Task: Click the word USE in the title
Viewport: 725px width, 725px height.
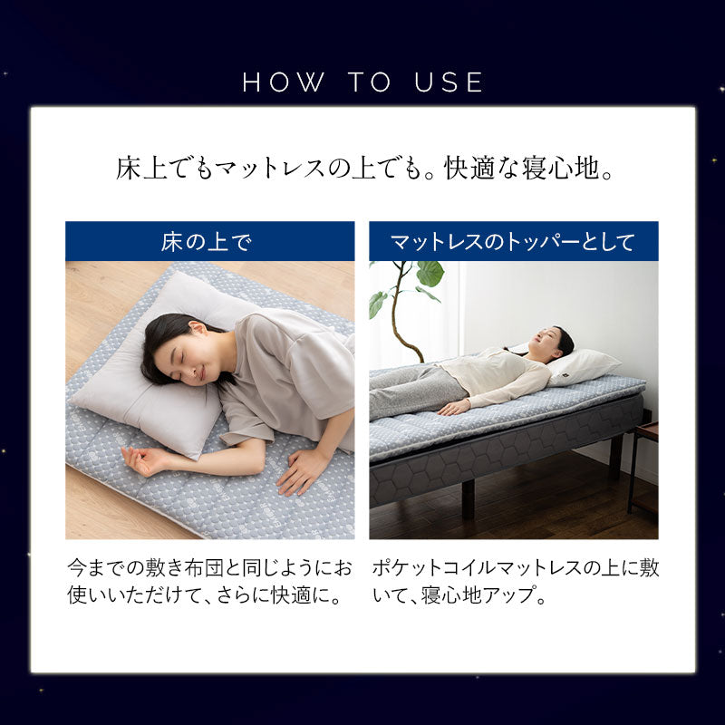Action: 451,82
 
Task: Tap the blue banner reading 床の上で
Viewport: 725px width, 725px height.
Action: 209,242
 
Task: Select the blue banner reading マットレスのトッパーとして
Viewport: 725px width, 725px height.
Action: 513,242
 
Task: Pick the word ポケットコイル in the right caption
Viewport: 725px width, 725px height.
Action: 426,569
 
